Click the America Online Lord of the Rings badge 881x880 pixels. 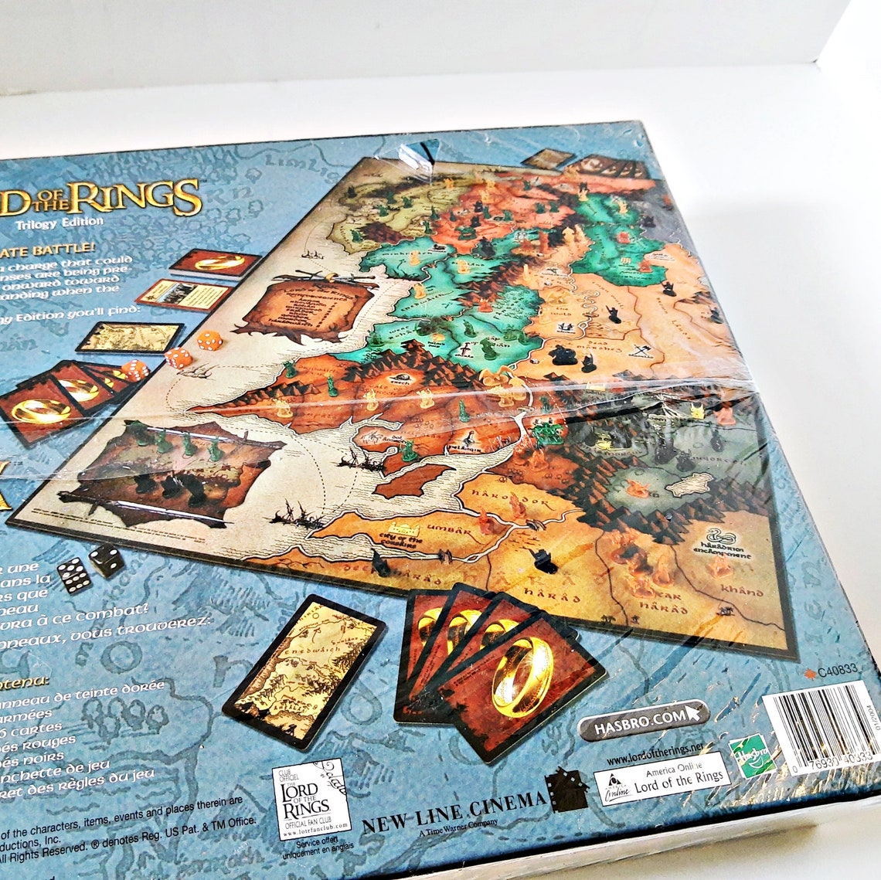coord(662,776)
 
